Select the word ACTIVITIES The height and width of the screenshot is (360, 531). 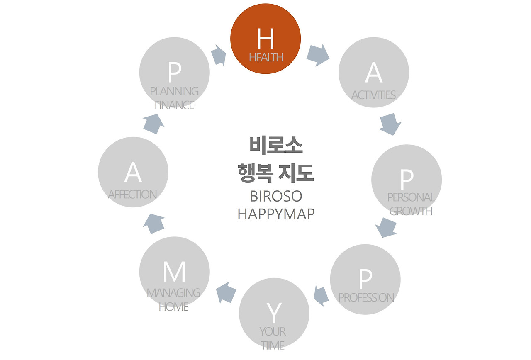[x=373, y=95]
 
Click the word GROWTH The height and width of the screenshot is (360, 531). [x=411, y=211]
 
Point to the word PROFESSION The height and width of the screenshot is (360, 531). [x=366, y=297]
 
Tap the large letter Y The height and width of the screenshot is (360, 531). [x=273, y=313]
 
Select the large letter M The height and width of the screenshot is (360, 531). [x=174, y=272]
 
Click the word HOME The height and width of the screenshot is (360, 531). [x=173, y=307]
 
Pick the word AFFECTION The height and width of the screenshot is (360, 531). [x=132, y=194]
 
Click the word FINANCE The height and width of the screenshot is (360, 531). [x=174, y=105]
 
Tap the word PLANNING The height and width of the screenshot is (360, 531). [x=174, y=91]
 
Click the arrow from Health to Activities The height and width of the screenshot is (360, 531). [x=318, y=56]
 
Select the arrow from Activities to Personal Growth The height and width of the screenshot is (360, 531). [x=390, y=124]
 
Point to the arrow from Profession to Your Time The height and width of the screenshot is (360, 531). [x=321, y=295]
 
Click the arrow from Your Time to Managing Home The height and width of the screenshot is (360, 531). [x=226, y=292]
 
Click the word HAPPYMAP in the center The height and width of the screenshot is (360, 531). [x=276, y=214]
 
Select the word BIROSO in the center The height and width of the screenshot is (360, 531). [x=276, y=196]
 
